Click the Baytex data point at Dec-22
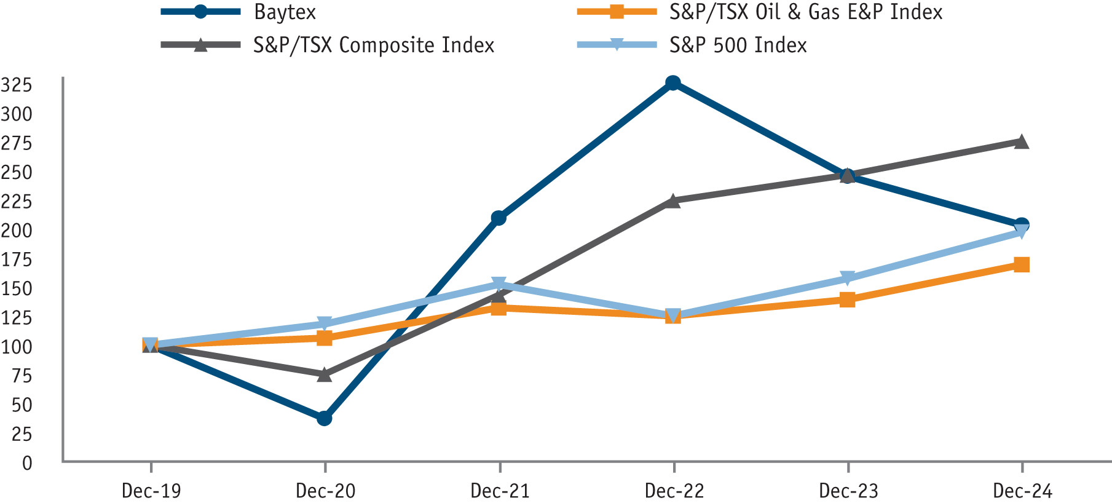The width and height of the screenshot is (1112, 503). coord(673,83)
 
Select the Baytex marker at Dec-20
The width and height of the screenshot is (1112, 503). coord(325,418)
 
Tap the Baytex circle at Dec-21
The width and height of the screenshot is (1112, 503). coord(499,218)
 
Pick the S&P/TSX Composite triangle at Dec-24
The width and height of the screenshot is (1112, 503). coord(1021,141)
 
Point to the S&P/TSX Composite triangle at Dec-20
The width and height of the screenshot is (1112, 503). coord(325,374)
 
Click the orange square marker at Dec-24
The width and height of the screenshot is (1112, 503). coord(1022,264)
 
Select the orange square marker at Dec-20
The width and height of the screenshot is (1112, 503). coord(325,338)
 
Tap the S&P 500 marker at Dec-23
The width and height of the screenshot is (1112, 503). coord(847,279)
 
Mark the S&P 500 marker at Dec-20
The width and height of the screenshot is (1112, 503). coord(325,324)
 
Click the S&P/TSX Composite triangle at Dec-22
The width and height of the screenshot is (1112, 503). coord(673,200)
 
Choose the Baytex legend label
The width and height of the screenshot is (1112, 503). coord(285,12)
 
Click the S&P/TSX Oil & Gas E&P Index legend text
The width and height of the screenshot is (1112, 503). coord(806,12)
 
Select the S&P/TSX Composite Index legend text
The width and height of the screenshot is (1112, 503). coord(374,45)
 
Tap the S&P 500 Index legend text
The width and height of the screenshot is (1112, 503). coord(738,45)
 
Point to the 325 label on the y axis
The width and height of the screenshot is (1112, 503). coord(17,85)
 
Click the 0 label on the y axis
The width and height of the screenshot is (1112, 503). coord(27,463)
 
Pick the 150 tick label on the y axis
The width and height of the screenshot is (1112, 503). coord(17,288)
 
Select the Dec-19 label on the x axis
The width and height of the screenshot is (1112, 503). coord(151,491)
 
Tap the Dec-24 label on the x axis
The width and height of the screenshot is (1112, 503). coord(1023,491)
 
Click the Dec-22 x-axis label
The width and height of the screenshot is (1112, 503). coord(674,491)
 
